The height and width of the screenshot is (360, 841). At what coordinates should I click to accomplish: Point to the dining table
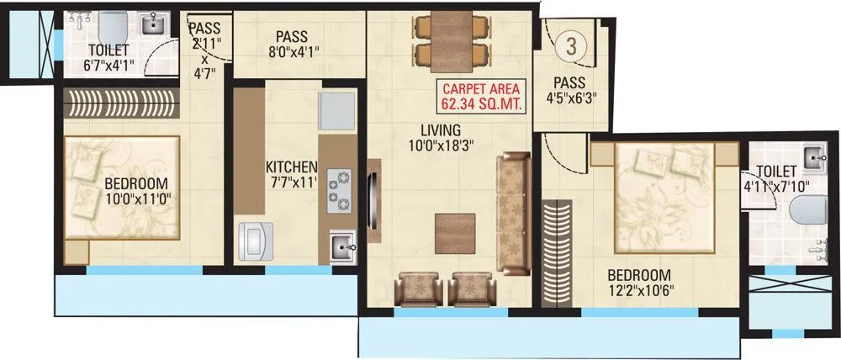(447, 42)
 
